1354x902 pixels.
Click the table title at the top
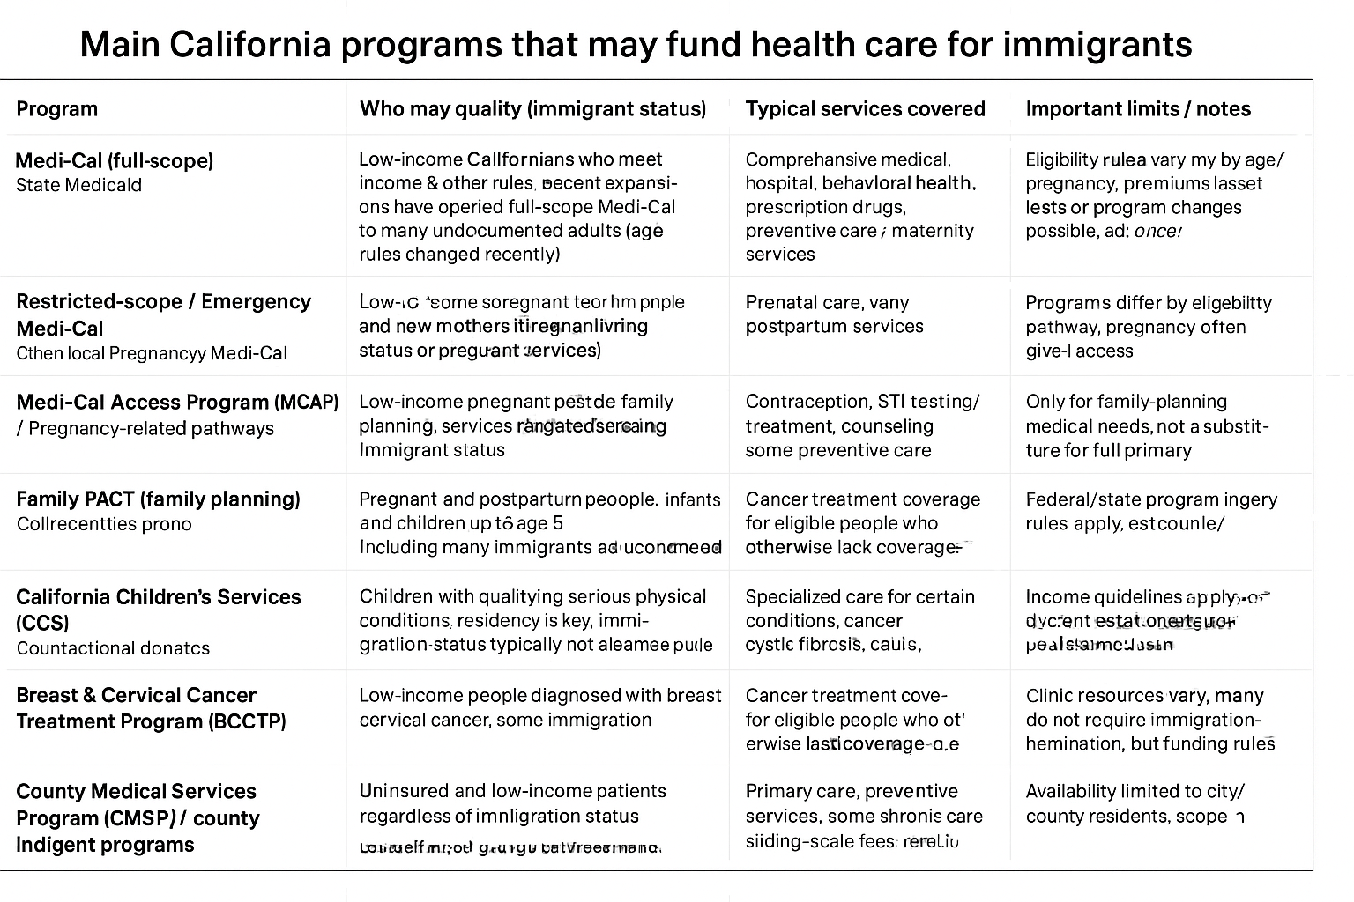635,44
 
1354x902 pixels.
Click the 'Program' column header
57,109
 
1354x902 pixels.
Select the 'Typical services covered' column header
865,109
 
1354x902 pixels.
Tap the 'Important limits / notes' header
1138,109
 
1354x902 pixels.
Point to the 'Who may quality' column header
532,109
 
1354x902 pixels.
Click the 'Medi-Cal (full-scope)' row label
115,160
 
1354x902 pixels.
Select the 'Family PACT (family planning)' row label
158,499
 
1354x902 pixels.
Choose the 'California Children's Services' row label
158,597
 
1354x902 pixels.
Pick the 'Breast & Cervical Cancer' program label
136,695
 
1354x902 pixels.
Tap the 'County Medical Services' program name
136,791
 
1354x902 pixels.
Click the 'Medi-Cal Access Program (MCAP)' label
177,403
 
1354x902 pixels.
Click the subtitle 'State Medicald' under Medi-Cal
78,185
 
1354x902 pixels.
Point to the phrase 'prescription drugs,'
825,207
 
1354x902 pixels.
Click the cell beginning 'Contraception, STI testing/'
862,402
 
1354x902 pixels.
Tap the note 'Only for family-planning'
1126,402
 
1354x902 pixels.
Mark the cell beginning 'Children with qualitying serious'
532,596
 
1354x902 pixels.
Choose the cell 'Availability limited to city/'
1135,791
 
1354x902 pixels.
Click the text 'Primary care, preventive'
852,791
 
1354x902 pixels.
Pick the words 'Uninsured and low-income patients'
512,791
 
